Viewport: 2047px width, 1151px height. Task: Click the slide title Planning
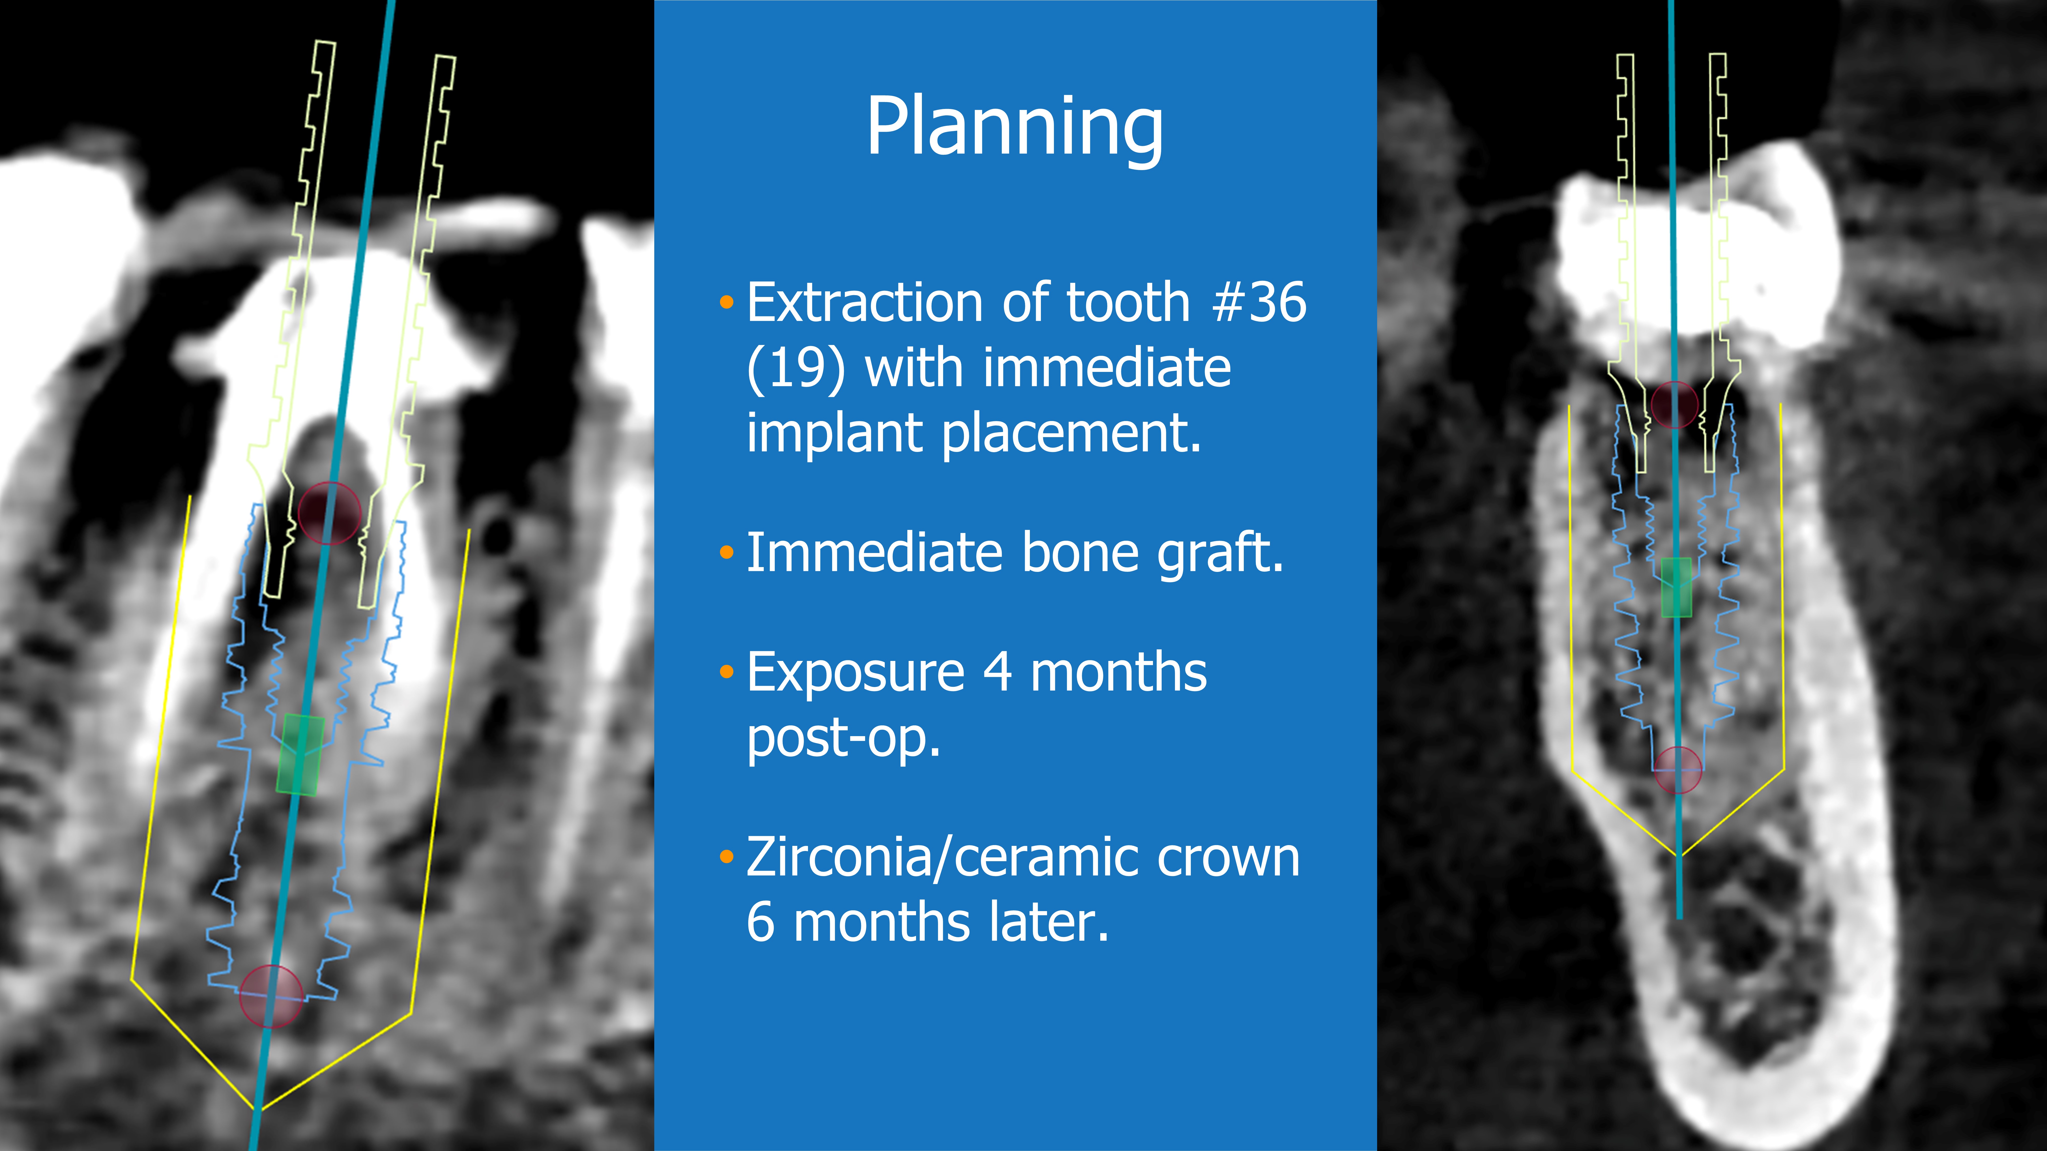click(1015, 127)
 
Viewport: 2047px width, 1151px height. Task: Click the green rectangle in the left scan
click(300, 755)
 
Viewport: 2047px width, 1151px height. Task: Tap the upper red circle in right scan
click(1674, 404)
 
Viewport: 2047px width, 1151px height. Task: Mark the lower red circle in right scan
click(1678, 770)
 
